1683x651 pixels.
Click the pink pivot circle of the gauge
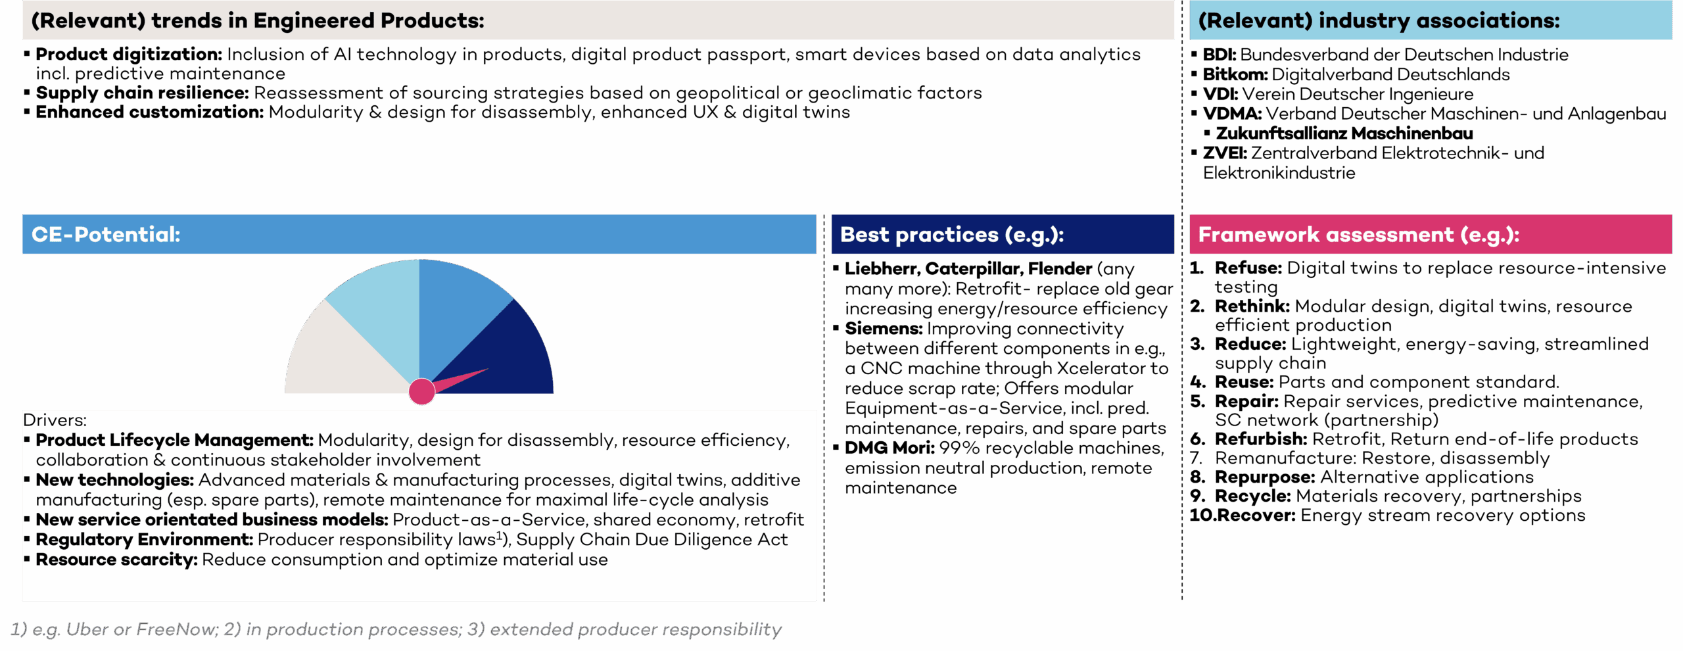[x=421, y=391]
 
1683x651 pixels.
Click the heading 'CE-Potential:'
[x=106, y=234]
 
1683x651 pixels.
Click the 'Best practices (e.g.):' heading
[x=952, y=235]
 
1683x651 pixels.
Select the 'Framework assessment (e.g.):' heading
[x=1358, y=235]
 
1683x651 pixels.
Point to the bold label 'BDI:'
[x=1219, y=55]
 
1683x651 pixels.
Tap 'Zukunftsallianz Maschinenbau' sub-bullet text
[x=1344, y=133]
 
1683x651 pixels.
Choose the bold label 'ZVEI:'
[x=1225, y=153]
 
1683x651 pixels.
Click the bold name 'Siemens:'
[x=884, y=328]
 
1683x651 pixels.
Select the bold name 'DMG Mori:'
[x=889, y=448]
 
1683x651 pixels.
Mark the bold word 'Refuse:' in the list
[x=1248, y=268]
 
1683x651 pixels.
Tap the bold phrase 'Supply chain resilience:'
[x=142, y=93]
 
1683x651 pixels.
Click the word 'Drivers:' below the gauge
[x=55, y=420]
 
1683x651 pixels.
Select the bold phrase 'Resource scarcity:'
[x=116, y=560]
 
